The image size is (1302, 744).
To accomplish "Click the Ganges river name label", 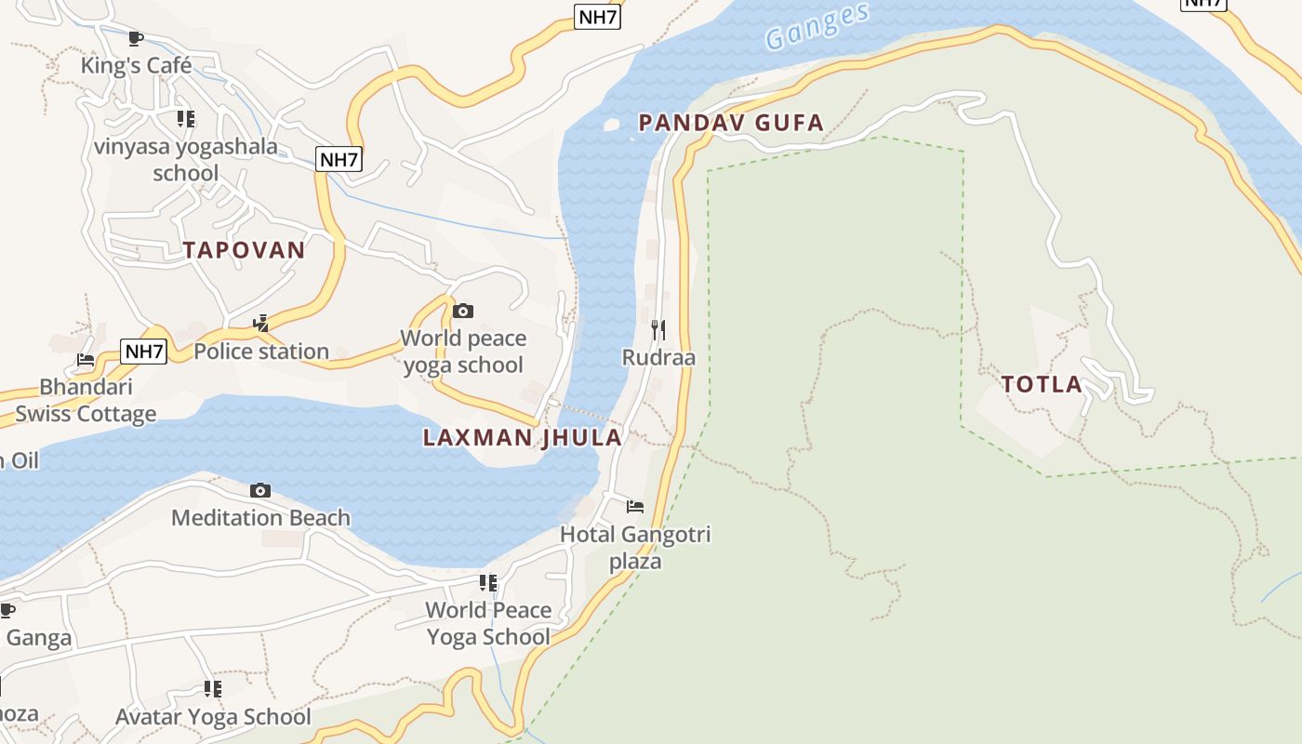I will point(817,26).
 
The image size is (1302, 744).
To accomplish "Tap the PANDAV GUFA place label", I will point(731,123).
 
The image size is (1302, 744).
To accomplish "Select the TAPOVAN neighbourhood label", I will point(244,250).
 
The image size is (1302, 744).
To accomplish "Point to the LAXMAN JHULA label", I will point(523,437).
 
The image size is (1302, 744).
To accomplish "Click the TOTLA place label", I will point(1042,384).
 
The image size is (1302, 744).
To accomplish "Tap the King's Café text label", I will point(136,65).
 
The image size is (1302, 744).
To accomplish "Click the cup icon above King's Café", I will point(136,38).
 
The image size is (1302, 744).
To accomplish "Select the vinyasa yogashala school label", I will point(186,159).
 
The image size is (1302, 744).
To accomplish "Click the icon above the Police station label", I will point(261,324).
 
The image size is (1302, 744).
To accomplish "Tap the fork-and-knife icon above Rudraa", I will point(658,329).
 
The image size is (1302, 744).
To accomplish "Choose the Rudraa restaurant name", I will point(658,357).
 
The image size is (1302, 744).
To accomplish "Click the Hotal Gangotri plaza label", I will point(635,547).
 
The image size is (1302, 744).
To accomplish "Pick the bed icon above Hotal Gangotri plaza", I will point(635,507).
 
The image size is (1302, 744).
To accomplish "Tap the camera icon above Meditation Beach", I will point(260,490).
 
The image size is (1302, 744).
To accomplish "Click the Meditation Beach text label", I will point(260,517).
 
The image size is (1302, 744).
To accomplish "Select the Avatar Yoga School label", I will point(213,716).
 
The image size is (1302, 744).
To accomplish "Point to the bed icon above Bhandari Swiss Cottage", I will point(86,360).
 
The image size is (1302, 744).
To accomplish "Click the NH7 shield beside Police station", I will point(144,352).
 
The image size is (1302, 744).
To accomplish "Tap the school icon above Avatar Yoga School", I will point(213,689).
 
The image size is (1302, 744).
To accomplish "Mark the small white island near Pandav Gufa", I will point(611,124).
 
